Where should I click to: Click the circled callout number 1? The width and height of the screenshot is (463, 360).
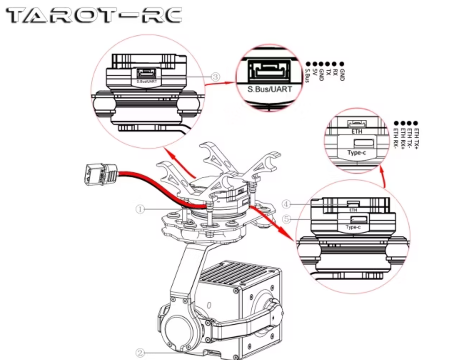pos(139,208)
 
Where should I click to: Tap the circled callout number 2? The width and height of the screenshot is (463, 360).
pos(139,352)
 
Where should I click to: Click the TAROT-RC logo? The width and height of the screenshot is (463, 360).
pos(95,16)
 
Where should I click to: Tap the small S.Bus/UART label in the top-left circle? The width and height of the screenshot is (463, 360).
pos(145,81)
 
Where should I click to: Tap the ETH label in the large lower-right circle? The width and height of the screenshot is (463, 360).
pos(353,210)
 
